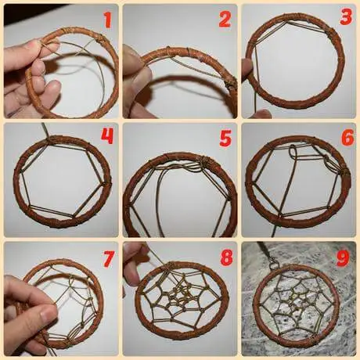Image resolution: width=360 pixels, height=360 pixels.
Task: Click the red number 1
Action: tap(108, 20)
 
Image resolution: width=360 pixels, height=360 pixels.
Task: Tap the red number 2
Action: tap(225, 20)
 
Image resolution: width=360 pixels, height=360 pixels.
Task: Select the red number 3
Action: tap(346, 17)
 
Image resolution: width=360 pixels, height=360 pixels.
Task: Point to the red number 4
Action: tap(107, 136)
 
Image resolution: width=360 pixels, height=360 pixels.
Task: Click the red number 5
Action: tap(225, 139)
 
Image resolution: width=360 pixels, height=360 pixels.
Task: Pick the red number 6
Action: tap(347, 138)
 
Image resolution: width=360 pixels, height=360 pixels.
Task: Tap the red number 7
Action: tap(108, 259)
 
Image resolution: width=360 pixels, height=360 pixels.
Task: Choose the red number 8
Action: tap(226, 257)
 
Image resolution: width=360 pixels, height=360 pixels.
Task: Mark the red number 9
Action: tap(343, 258)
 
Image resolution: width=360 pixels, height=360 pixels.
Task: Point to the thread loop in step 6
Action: tap(292, 152)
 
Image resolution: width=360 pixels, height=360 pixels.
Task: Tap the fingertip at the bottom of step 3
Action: tap(263, 114)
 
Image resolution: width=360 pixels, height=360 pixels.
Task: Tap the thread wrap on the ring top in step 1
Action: tap(99, 40)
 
